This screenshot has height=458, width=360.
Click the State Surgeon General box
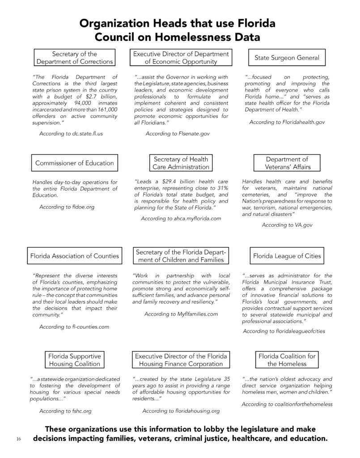287,58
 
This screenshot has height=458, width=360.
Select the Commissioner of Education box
75,163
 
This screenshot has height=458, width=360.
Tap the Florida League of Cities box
287,256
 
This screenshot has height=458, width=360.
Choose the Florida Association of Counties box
75,256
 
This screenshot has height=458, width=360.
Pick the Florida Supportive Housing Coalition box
75,360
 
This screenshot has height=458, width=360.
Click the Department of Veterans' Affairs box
287,163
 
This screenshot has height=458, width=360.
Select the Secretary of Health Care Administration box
181,163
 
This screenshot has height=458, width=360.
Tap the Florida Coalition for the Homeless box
287,360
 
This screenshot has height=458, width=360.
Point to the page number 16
18,439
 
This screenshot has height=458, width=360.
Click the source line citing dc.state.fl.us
71,134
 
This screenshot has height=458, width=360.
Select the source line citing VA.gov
287,225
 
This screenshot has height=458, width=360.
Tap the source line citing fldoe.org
67,207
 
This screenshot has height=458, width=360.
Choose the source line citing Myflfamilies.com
181,314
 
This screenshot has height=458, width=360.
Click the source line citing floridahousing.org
181,411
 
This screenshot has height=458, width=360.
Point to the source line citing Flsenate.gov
178,133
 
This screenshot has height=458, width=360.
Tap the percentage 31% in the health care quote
222,188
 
